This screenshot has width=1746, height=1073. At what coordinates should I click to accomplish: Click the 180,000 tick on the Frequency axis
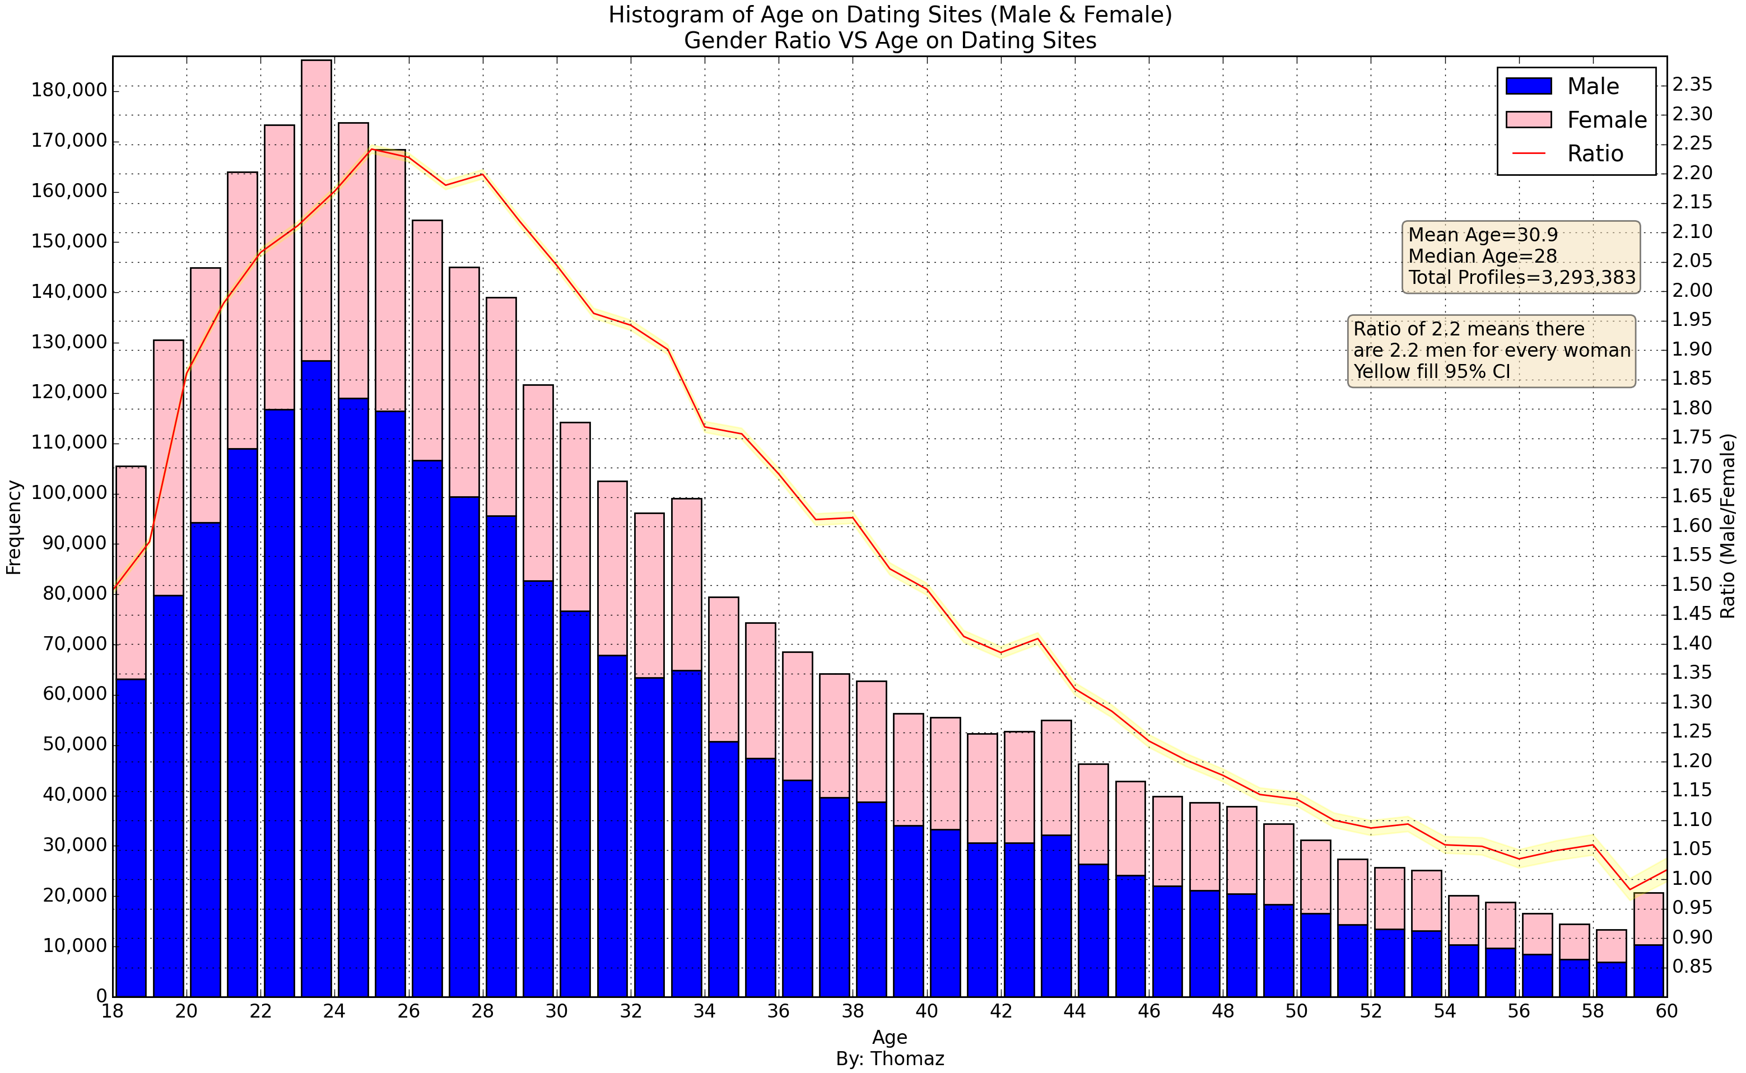[x=69, y=91]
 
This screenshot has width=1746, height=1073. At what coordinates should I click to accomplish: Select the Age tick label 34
[x=704, y=1011]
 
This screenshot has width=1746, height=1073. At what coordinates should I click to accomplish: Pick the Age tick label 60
[x=1666, y=1011]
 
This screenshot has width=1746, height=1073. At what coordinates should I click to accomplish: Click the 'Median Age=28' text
[x=1482, y=256]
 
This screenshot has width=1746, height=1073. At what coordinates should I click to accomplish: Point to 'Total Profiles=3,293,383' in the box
[x=1522, y=277]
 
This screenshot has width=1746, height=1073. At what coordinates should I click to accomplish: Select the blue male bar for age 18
[x=131, y=837]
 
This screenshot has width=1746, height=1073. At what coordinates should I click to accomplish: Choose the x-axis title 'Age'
[x=890, y=1038]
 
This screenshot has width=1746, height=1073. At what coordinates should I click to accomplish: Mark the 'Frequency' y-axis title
[x=14, y=528]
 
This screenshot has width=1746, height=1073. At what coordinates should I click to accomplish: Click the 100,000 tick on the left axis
[x=69, y=493]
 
